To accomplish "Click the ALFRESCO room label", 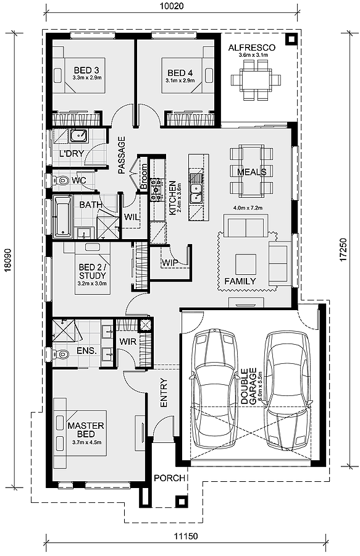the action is [x=251, y=48].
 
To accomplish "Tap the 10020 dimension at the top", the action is [x=172, y=6].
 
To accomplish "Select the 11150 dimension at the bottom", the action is [x=186, y=536].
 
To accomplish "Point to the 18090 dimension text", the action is [x=8, y=261].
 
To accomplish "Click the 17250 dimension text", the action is [x=343, y=250].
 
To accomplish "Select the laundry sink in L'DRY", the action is [x=78, y=135].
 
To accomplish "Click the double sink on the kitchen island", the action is [x=195, y=193].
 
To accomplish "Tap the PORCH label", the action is [x=169, y=478].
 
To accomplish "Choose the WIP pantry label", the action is [x=170, y=263].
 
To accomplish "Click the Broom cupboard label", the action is [x=143, y=177].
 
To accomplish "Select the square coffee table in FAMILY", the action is [x=246, y=265].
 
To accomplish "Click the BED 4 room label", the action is [x=180, y=73].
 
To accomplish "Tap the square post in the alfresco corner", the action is [x=291, y=39].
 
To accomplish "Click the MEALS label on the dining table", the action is [x=251, y=172].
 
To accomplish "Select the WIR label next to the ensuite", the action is [x=128, y=342].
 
